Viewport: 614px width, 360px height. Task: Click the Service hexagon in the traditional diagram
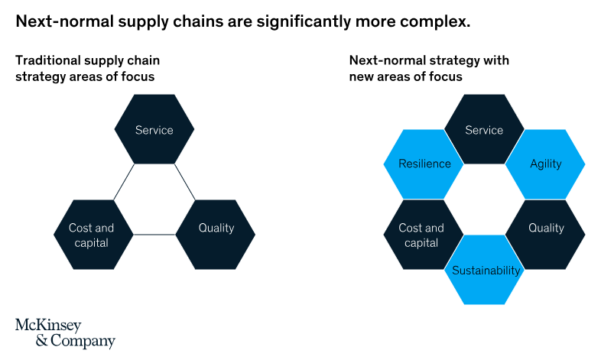pyautogui.click(x=154, y=129)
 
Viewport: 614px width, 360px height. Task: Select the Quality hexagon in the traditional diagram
pyautogui.click(x=215, y=228)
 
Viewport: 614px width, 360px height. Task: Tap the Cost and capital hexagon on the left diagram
pyautogui.click(x=92, y=235)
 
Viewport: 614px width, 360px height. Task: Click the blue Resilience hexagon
pyautogui.click(x=424, y=164)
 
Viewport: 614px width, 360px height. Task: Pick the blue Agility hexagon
pyautogui.click(x=545, y=164)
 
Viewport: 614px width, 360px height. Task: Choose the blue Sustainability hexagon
pyautogui.click(x=486, y=270)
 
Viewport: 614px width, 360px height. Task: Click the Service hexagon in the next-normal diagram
pyautogui.click(x=484, y=129)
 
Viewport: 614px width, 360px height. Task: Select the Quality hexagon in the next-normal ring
pyautogui.click(x=545, y=228)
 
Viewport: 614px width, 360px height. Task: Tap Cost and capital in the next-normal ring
pyautogui.click(x=422, y=235)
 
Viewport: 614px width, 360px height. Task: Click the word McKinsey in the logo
pyautogui.click(x=47, y=325)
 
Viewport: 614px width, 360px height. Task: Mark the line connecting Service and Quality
pyautogui.click(x=184, y=182)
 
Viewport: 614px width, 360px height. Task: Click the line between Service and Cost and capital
pyautogui.click(x=123, y=182)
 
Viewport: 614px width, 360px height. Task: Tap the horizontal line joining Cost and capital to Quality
pyautogui.click(x=154, y=235)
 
